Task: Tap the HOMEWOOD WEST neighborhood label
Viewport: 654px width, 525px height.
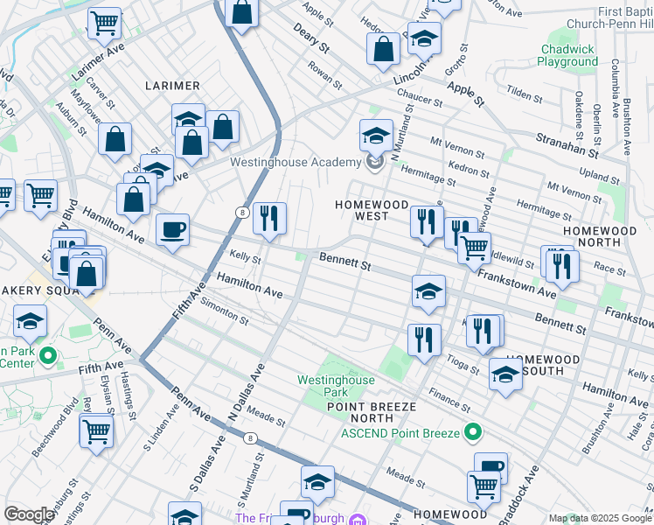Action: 372,210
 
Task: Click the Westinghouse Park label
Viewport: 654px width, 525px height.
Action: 336,387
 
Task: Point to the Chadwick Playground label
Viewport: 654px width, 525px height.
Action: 567,56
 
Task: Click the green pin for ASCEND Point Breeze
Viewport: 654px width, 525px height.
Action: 473,431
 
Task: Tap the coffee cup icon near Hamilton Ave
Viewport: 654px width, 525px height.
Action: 172,229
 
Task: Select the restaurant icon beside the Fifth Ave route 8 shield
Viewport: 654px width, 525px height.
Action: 269,217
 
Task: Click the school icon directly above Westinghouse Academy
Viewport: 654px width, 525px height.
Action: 376,136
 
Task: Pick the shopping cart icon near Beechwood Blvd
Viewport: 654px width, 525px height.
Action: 95,430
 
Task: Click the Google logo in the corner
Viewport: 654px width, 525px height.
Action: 29,514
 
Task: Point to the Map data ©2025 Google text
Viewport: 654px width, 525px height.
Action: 599,518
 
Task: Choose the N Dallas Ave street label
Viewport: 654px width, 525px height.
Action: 246,391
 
